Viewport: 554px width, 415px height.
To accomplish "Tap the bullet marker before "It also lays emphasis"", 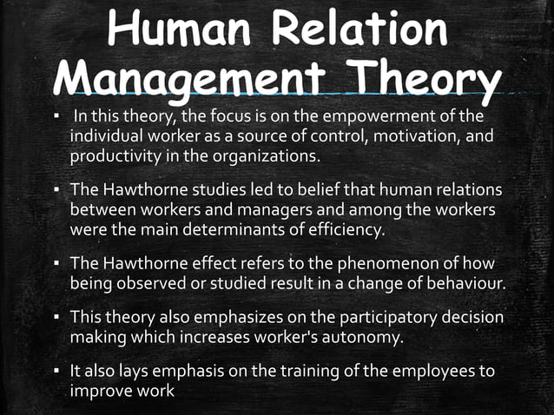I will [x=57, y=371].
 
